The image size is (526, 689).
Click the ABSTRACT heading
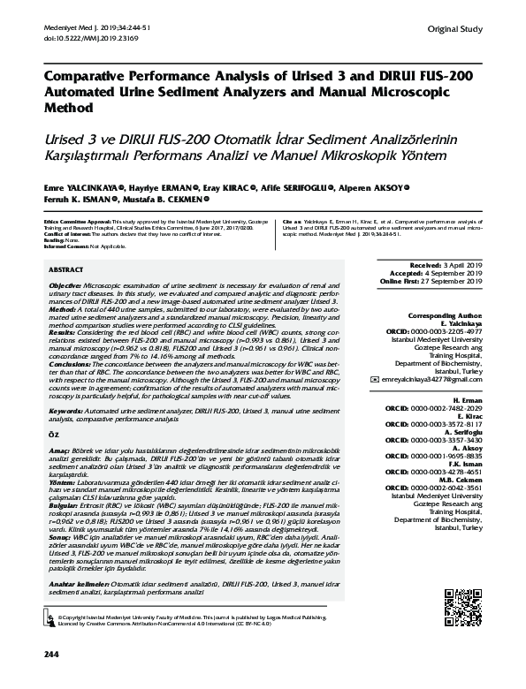(66, 268)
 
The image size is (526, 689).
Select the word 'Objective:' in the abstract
(65, 287)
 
